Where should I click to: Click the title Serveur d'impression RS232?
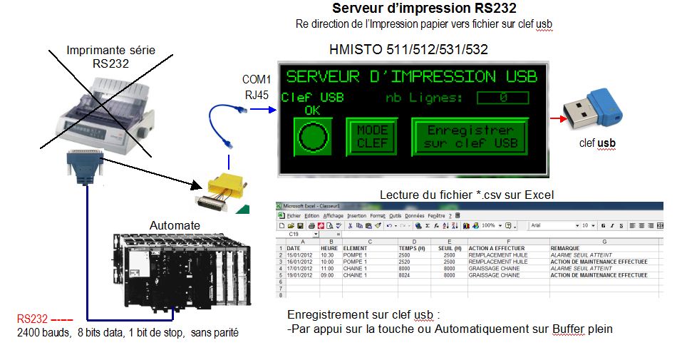click(x=424, y=9)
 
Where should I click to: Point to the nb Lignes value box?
click(x=502, y=98)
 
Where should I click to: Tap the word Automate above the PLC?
click(x=175, y=225)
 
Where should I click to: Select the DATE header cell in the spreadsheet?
click(x=294, y=248)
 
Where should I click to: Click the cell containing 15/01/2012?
click(x=299, y=254)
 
